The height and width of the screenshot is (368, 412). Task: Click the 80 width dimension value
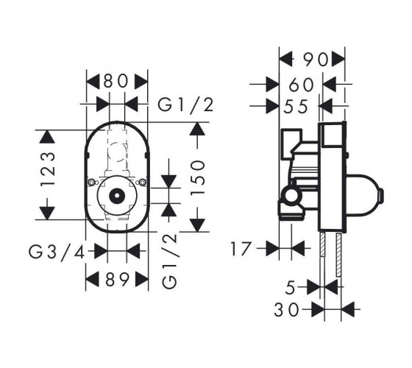click(x=116, y=81)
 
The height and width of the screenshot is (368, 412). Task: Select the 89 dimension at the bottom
click(x=118, y=279)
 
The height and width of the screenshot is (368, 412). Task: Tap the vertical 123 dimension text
click(x=48, y=169)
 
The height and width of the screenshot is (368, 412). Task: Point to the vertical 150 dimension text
click(x=198, y=177)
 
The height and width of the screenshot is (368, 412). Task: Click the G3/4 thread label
click(x=57, y=252)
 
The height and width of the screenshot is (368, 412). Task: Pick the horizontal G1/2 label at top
click(x=185, y=105)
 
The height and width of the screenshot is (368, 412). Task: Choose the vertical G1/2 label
click(x=171, y=261)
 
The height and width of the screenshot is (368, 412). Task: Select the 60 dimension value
click(x=301, y=85)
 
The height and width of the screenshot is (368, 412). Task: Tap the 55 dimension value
click(x=295, y=107)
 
